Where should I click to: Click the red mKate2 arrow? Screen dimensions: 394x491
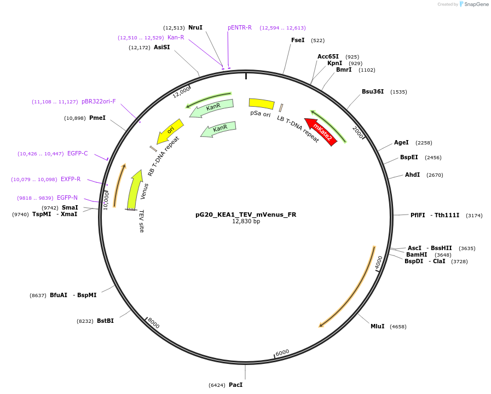pos(321,132)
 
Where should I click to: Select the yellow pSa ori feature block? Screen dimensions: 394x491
pos(261,103)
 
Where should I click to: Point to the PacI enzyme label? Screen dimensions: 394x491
pos(235,385)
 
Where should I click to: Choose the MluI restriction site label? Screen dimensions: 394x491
pos(377,326)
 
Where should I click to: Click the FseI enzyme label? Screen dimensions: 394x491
pos(298,40)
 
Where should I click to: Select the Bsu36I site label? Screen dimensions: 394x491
pos(373,91)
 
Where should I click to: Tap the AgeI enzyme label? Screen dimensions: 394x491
pos(401,142)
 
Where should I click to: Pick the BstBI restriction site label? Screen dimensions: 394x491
pos(105,321)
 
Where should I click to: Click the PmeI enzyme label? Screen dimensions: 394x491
pos(97,118)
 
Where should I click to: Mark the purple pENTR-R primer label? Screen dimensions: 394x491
pos(240,27)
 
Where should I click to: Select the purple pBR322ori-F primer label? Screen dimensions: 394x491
pos(99,101)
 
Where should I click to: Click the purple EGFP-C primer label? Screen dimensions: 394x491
pos(77,153)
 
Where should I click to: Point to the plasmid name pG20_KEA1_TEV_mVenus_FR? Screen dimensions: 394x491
pos(246,215)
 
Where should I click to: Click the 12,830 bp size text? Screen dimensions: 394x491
pos(246,222)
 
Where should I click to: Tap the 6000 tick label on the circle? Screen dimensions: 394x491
pos(282,352)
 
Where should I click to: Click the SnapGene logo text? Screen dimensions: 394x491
pos(477,4)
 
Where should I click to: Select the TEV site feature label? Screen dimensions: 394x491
pos(141,221)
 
